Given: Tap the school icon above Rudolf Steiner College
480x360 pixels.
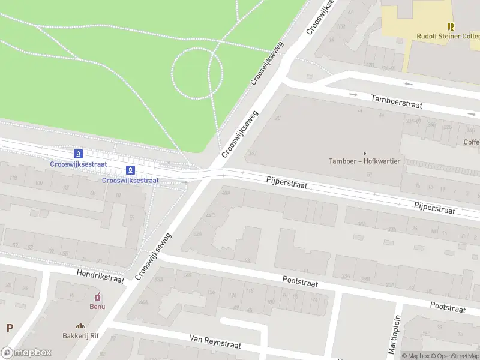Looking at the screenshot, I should click(451, 26).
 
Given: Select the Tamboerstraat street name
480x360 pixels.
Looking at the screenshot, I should click(397, 101).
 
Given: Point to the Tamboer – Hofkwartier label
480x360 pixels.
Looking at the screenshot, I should click(364, 161).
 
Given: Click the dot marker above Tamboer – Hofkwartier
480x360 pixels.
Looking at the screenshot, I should click(364, 153).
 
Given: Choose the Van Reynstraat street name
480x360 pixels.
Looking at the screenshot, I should click(215, 342).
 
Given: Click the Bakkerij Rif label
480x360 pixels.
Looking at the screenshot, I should click(81, 336).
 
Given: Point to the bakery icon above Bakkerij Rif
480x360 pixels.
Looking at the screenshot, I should click(81, 327).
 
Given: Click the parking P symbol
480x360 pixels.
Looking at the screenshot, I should click(9, 328).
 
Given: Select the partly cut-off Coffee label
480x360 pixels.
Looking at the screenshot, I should click(471, 142).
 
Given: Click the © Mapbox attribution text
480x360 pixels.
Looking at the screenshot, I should click(415, 356).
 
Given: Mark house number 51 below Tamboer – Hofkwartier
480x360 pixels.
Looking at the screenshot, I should click(370, 175).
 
